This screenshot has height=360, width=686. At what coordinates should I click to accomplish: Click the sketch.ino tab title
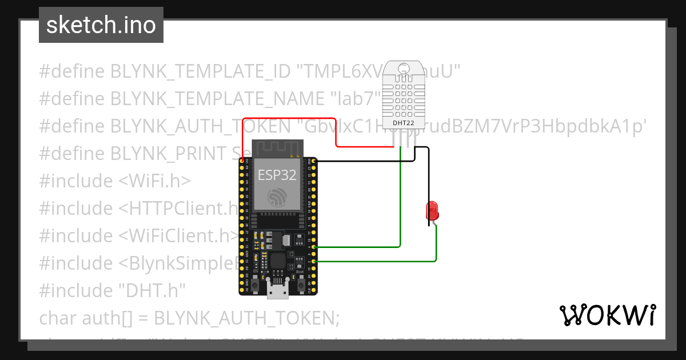tap(101, 25)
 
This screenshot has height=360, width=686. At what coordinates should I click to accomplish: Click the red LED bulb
tap(432, 211)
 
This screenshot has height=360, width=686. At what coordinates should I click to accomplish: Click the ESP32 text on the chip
tap(277, 175)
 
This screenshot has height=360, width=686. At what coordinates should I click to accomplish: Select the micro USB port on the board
tap(277, 291)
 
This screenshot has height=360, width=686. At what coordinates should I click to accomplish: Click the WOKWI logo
tap(607, 315)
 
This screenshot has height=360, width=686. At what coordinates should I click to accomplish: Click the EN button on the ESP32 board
tap(253, 282)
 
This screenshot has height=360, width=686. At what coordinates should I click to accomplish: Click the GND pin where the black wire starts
tap(312, 161)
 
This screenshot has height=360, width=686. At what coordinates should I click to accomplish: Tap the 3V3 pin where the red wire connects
tap(242, 161)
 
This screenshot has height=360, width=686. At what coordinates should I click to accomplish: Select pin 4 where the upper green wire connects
tap(312, 247)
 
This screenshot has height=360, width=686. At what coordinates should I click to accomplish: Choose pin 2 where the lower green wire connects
tap(312, 261)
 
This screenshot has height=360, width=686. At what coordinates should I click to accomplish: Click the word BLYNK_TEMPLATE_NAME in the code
tap(218, 99)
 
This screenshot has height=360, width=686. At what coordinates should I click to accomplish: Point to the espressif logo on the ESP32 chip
tap(277, 197)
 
